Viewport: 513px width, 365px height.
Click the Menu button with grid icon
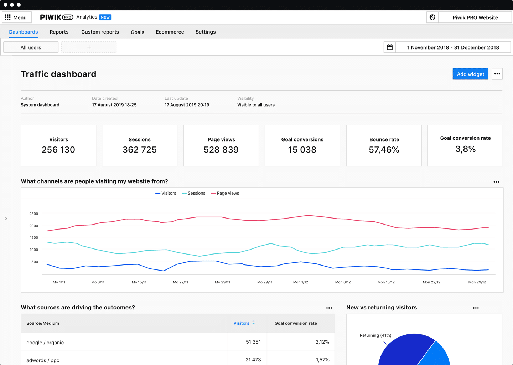pyautogui.click(x=16, y=17)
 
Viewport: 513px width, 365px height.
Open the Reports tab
pyautogui.click(x=59, y=32)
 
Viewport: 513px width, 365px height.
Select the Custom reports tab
pyautogui.click(x=100, y=32)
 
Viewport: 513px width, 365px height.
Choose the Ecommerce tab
pyautogui.click(x=170, y=32)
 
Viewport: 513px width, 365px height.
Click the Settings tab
pyautogui.click(x=206, y=32)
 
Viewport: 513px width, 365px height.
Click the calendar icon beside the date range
pyautogui.click(x=390, y=47)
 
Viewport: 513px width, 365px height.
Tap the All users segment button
pyautogui.click(x=31, y=47)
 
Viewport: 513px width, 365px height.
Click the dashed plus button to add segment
pyautogui.click(x=89, y=47)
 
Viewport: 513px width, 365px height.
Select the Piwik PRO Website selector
pyautogui.click(x=475, y=17)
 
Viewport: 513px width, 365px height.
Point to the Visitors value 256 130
pyautogui.click(x=58, y=150)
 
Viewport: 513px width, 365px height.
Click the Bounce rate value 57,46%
pyautogui.click(x=384, y=150)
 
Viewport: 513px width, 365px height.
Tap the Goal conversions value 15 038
pyautogui.click(x=302, y=150)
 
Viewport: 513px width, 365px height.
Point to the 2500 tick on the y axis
pyautogui.click(x=33, y=214)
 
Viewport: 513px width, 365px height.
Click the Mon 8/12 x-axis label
pyautogui.click(x=343, y=282)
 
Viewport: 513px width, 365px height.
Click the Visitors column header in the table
pyautogui.click(x=242, y=323)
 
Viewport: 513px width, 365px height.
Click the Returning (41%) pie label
pyautogui.click(x=375, y=335)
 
